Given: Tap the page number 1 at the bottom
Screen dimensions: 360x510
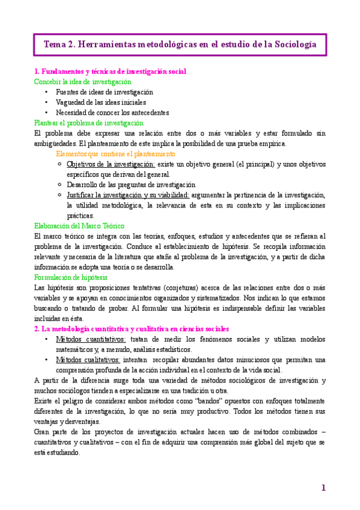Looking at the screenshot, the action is pos(323,487).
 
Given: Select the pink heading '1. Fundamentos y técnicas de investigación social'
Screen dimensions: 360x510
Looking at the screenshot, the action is pos(110,72).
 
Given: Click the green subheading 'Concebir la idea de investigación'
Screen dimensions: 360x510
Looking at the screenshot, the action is pos(82,82).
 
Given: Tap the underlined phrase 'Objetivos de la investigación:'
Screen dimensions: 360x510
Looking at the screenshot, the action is pos(111,164).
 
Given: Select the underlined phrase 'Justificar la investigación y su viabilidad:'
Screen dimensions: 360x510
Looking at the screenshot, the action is pos(128,195).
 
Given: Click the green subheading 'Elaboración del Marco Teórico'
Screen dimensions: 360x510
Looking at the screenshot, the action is pos(79,226).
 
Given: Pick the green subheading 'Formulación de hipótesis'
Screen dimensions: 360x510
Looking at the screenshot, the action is pos(71,277).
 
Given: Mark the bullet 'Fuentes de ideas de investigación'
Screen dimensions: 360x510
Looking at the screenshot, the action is pos(104,92).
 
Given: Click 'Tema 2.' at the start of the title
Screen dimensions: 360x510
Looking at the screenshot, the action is pos(60,45).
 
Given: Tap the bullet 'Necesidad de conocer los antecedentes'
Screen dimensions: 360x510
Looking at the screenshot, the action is pos(112,112).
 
